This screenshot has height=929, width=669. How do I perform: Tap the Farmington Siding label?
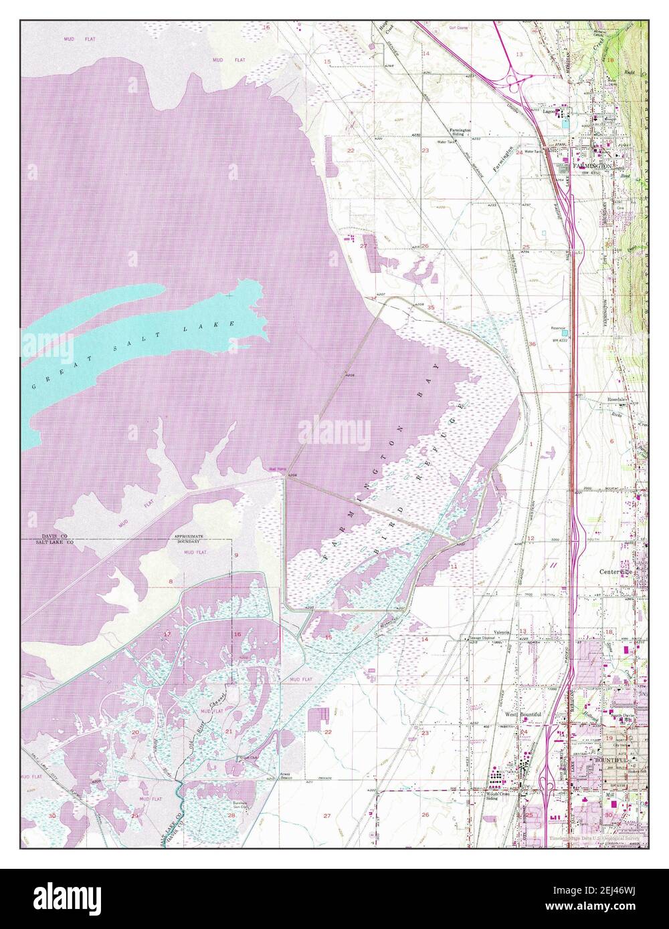460,132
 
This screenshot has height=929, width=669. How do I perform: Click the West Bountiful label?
522,714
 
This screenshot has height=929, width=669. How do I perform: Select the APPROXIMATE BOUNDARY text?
189,539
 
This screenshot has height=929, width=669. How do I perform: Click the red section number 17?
167,634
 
